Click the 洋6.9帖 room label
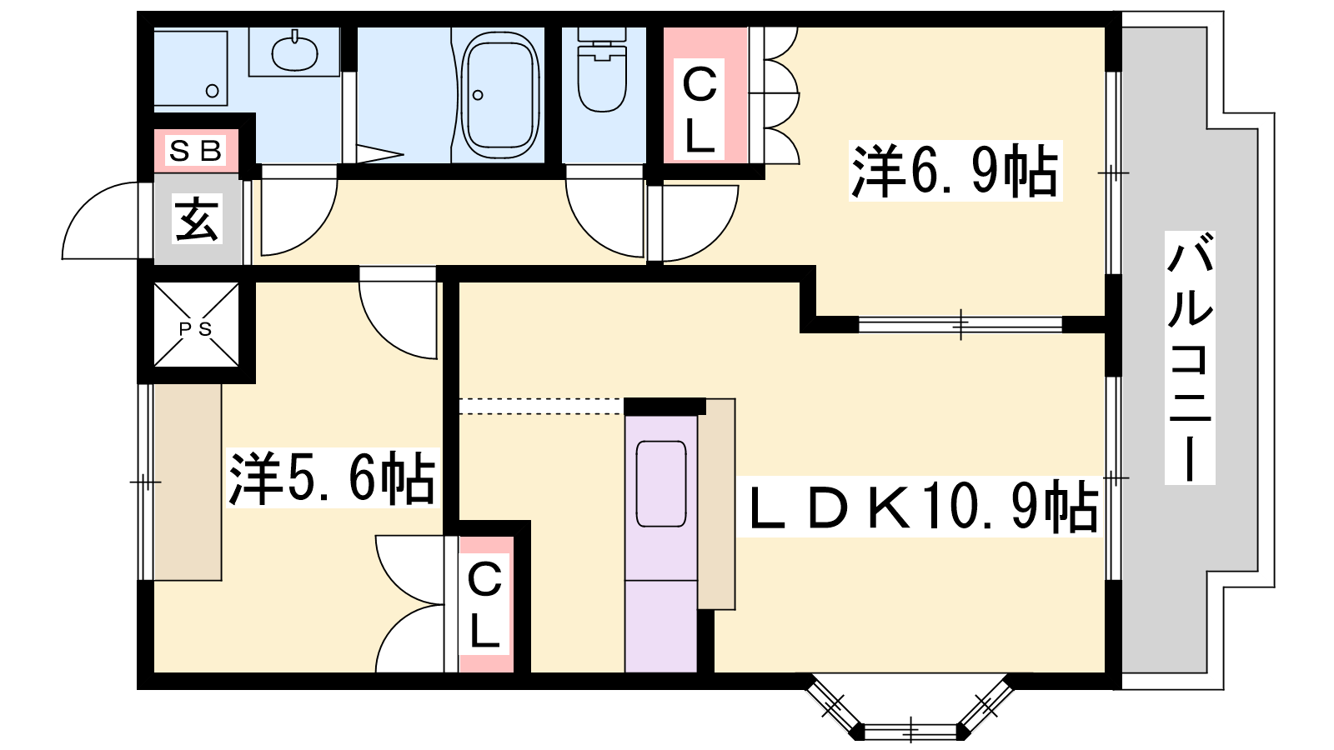tap(955, 171)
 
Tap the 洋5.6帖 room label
tap(333, 478)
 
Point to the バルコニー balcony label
tap(1189, 357)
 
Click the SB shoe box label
tap(196, 151)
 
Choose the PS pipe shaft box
tap(197, 325)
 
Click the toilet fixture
tap(601, 70)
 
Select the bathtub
tap(500, 94)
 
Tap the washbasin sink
tap(294, 52)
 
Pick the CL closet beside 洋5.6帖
tap(485, 604)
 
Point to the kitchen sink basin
tap(661, 483)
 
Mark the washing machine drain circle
tap(212, 91)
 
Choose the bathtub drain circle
tap(478, 95)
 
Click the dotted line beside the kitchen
tap(541, 406)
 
